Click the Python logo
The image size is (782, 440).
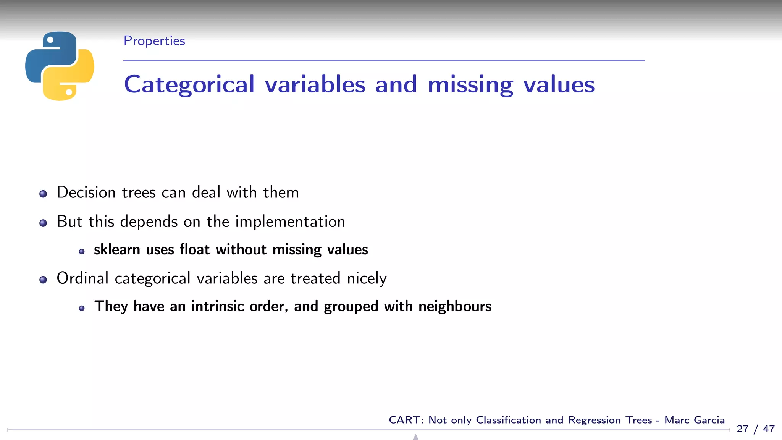60,66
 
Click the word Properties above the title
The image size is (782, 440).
154,41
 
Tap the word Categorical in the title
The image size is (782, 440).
189,84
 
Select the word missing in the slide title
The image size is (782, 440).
470,84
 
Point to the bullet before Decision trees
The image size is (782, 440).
43,194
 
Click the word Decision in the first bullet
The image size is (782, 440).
86,192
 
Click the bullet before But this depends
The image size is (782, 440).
43,223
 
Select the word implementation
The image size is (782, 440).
290,222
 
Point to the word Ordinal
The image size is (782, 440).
82,278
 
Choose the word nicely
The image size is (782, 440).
367,278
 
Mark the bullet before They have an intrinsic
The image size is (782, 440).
82,308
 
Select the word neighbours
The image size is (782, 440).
454,306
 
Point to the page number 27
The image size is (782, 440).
742,429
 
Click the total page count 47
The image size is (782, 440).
769,429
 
